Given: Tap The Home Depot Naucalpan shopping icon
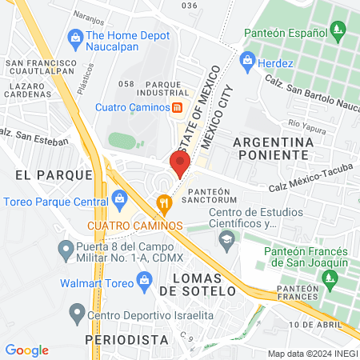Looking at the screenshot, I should [75, 36].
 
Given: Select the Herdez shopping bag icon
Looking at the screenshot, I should [247, 60].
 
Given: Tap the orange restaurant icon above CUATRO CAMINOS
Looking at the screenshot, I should [164, 203].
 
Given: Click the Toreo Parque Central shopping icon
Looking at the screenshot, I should [120, 198].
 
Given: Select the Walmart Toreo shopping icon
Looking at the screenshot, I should [144, 278].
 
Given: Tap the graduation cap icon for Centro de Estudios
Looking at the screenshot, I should [227, 238].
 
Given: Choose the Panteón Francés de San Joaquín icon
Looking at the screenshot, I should [326, 277].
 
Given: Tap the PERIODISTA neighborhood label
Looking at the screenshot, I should [122, 339].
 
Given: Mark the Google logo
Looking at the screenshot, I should [26, 350].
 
